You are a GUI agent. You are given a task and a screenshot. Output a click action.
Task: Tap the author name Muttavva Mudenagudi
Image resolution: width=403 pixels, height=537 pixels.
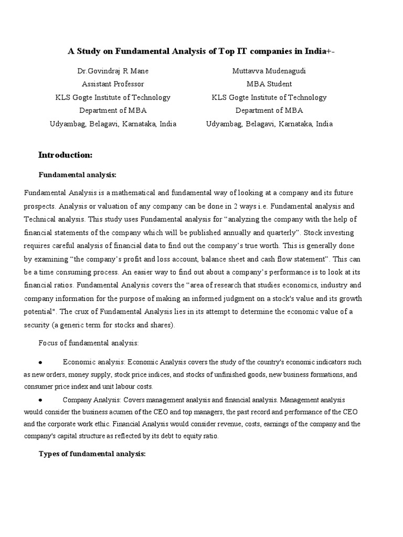tap(269, 71)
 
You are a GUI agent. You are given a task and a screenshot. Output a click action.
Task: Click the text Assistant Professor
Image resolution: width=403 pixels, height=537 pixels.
tap(113, 84)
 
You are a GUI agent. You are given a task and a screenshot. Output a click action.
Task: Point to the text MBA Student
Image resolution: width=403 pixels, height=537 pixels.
tap(269, 84)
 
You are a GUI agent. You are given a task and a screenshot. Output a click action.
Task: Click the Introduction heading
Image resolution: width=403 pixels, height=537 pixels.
tap(65, 155)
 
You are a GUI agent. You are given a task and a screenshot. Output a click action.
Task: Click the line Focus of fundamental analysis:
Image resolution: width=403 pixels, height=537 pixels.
tap(88, 342)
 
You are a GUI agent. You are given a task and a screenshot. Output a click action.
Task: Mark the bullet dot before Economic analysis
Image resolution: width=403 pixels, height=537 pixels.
tap(40, 362)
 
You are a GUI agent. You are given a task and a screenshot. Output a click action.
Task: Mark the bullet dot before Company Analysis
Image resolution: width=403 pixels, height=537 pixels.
tap(40, 400)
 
